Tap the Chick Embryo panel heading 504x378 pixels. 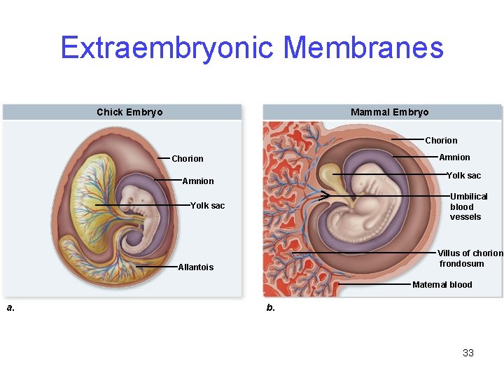[129, 112]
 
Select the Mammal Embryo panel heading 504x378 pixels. [389, 112]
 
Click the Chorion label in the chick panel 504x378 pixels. [188, 159]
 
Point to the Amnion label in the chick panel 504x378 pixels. [198, 181]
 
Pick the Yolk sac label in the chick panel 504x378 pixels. [208, 206]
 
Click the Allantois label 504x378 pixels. [196, 267]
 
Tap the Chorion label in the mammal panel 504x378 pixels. [441, 141]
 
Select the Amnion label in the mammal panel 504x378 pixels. [454, 157]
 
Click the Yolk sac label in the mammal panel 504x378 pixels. [464, 176]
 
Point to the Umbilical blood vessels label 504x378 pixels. [468, 206]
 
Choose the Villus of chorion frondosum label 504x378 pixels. [470, 258]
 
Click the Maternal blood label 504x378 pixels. [442, 285]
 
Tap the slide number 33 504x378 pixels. [468, 353]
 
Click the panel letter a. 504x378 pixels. [10, 307]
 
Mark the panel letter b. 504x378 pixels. [271, 307]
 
